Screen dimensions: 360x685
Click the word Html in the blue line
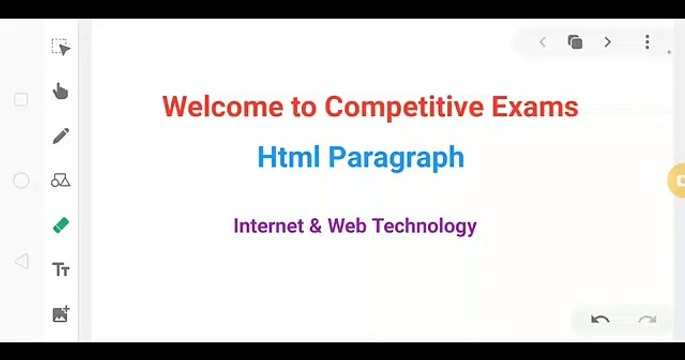click(x=288, y=157)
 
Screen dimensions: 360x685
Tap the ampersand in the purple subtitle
click(x=316, y=226)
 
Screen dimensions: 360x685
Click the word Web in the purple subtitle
click(x=347, y=226)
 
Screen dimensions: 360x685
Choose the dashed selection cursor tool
click(x=60, y=48)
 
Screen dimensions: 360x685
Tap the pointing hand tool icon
click(x=60, y=91)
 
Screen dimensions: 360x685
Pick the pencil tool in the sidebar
click(x=60, y=135)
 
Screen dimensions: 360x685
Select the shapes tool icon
click(x=60, y=180)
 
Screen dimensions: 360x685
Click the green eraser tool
click(x=60, y=225)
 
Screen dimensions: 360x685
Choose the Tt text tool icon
click(x=60, y=270)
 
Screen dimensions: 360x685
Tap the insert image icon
click(x=60, y=314)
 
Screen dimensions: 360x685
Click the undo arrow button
click(x=600, y=320)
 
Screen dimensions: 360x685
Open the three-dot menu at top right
click(x=647, y=42)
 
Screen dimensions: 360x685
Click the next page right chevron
click(x=607, y=42)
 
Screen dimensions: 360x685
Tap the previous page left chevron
click(x=542, y=42)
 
